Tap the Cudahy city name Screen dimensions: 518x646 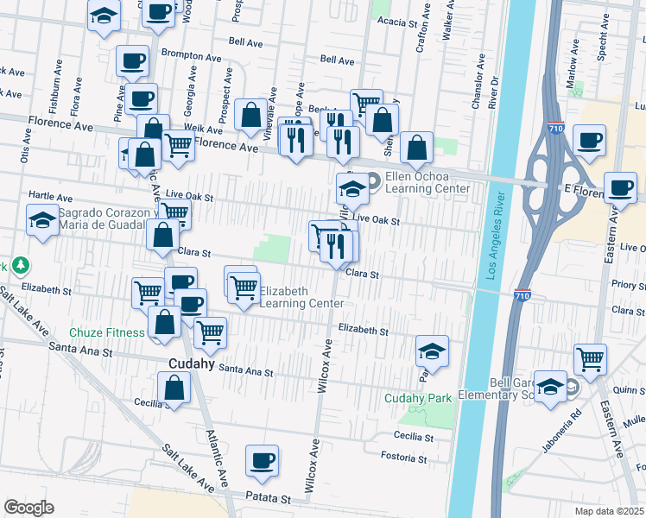[x=191, y=364]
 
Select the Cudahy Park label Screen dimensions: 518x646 [x=418, y=398]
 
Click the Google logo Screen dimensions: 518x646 [x=28, y=508]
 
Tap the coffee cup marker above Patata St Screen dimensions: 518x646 [x=262, y=461]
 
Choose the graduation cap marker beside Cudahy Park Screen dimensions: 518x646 [x=432, y=351]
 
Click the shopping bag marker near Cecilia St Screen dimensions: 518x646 [x=174, y=388]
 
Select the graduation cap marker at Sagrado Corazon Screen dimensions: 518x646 [x=42, y=220]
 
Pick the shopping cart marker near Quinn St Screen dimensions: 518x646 [x=590, y=358]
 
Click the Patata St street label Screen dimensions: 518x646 [x=267, y=499]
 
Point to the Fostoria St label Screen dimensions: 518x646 [x=406, y=456]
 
